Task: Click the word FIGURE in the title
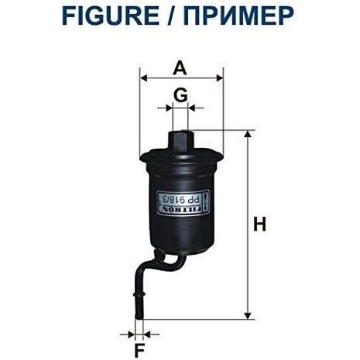111,15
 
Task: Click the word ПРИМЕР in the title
238,15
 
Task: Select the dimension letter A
180,68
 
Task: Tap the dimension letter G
180,94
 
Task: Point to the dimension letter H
259,224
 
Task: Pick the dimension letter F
139,351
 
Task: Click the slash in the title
171,15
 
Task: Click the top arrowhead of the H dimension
248,134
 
